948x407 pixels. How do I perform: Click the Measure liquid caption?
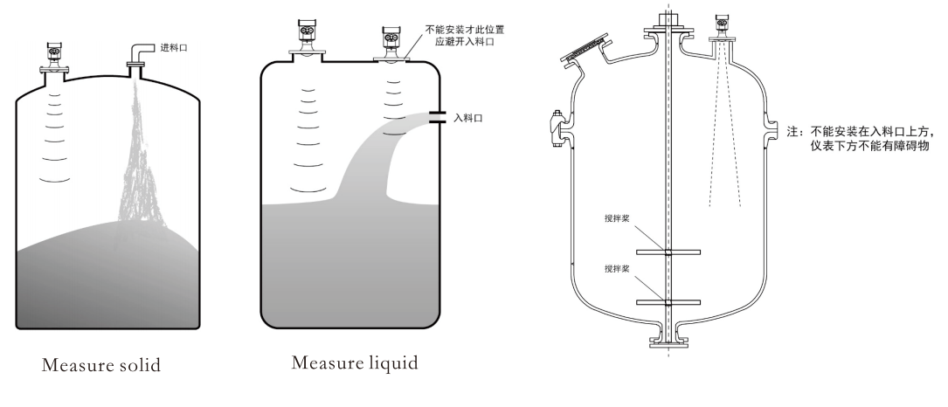[354, 362]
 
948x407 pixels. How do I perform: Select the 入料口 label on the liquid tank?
[468, 116]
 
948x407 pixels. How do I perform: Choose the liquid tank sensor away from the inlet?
[306, 45]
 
